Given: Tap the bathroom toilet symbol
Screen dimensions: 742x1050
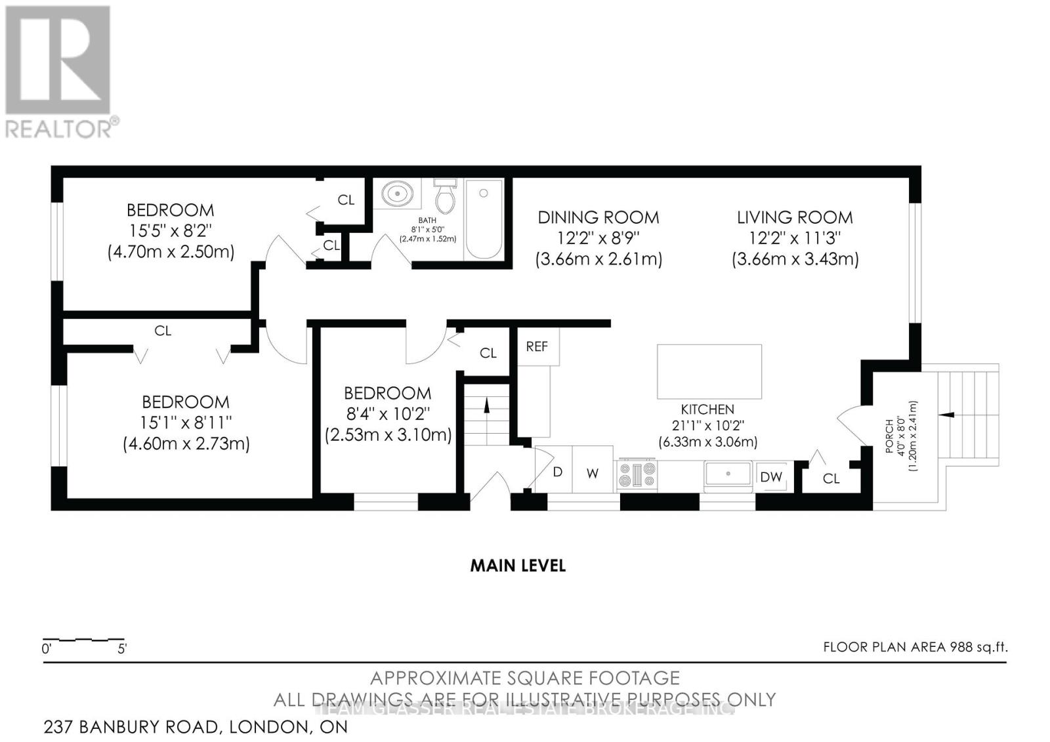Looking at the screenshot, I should [x=446, y=197].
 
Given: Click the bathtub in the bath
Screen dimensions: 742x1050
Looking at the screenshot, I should [x=484, y=220].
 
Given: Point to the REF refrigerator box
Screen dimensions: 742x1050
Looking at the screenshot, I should [x=537, y=346].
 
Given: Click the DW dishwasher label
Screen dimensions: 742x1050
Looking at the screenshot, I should [x=771, y=477].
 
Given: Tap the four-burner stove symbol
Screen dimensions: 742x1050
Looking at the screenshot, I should [x=637, y=476].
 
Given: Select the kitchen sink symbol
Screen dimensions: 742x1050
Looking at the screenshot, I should [x=728, y=476].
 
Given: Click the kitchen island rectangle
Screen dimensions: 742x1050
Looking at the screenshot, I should [x=709, y=371].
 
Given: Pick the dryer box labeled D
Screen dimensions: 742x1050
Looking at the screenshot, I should [x=556, y=471].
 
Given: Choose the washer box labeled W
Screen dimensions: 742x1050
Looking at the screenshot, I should [x=593, y=472].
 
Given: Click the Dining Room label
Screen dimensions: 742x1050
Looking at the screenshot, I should [x=598, y=217].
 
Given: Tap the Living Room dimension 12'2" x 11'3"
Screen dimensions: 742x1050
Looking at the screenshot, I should [x=795, y=237].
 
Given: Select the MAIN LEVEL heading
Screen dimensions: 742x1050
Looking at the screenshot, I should [x=518, y=566].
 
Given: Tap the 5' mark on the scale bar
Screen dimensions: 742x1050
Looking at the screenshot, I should [x=122, y=649].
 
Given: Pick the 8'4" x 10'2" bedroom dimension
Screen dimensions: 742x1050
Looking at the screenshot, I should [x=387, y=414].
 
